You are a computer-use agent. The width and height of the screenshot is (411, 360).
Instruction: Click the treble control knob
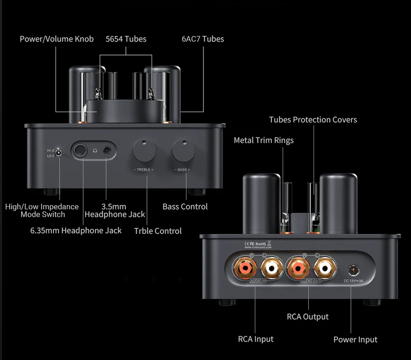click(144, 151)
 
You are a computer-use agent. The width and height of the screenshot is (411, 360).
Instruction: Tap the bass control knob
click(183, 151)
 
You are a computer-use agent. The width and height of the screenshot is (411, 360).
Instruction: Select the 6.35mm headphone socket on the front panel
click(82, 151)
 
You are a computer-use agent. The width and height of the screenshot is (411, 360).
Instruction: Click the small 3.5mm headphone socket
click(107, 151)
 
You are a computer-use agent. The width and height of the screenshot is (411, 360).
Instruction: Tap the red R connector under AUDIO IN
click(243, 268)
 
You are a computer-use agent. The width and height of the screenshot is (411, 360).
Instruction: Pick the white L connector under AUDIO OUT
click(324, 268)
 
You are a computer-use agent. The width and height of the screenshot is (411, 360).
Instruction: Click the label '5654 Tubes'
click(126, 39)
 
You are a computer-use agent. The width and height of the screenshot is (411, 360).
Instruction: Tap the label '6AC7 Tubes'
click(203, 39)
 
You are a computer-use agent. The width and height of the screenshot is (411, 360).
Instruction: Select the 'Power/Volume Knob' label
click(57, 39)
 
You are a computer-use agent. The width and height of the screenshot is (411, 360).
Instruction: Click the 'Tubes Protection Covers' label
click(313, 120)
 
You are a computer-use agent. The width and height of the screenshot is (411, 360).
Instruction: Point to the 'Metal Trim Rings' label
click(264, 140)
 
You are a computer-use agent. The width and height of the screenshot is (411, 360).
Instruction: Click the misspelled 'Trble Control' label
click(158, 231)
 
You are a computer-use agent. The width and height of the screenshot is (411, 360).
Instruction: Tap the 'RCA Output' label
click(308, 316)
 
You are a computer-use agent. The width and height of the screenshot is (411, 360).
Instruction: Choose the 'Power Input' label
click(356, 339)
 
